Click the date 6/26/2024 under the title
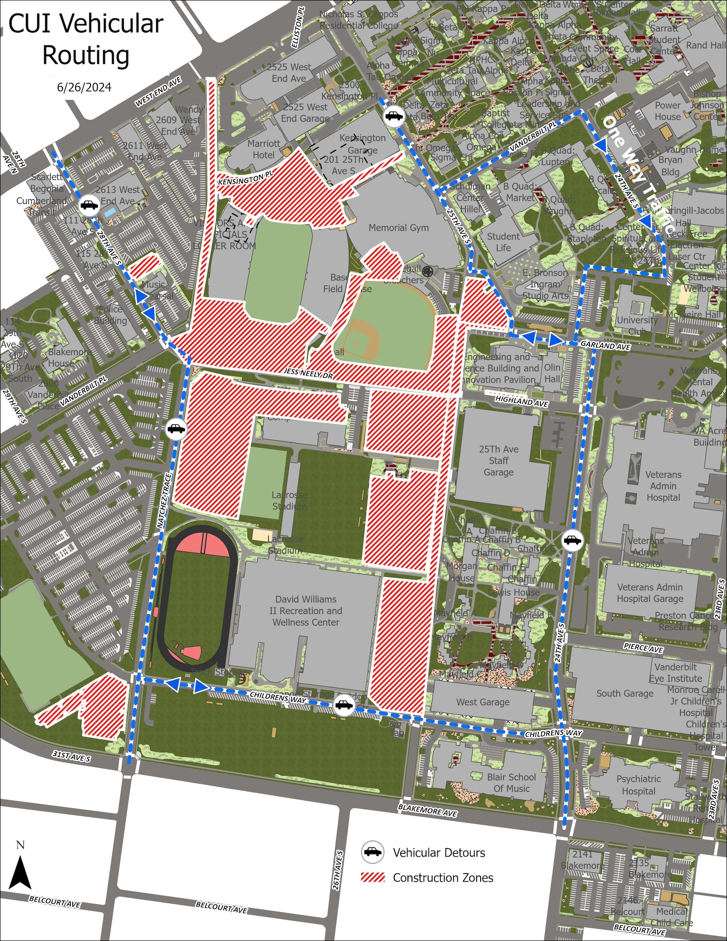click(84, 87)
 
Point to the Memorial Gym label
click(398, 227)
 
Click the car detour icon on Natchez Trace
click(176, 429)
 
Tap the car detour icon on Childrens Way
click(344, 705)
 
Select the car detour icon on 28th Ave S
click(90, 205)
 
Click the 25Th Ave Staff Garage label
click(498, 461)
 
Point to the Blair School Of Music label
click(511, 783)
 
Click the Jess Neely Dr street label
click(308, 373)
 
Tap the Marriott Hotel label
click(264, 149)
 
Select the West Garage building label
click(483, 702)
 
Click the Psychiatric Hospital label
click(638, 785)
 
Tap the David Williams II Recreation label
click(306, 610)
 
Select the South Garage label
click(624, 693)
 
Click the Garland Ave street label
click(605, 345)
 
